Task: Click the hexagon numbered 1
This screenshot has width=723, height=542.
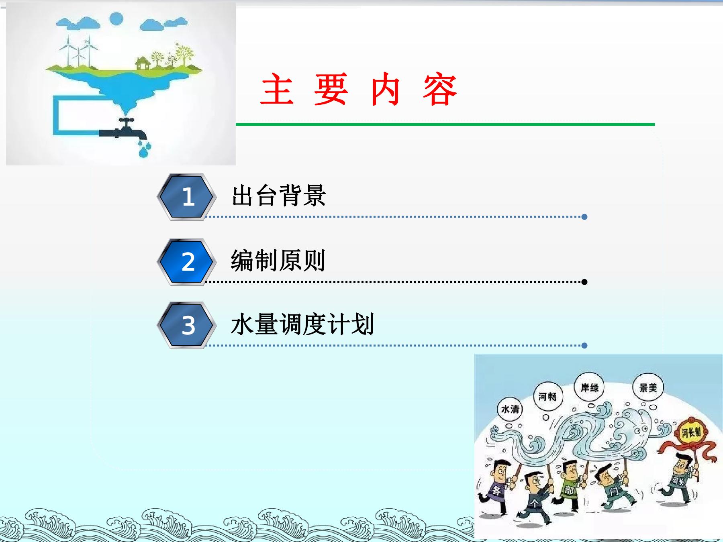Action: click(x=186, y=197)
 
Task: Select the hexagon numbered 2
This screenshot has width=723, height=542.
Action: click(x=186, y=262)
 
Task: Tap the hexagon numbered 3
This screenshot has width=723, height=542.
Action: click(x=186, y=325)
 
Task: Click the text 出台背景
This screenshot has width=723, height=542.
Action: click(x=278, y=196)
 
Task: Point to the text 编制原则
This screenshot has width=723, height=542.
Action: click(x=278, y=261)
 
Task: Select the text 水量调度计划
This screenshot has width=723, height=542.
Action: click(x=302, y=324)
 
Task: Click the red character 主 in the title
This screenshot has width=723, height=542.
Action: click(x=277, y=90)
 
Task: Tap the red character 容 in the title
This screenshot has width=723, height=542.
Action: click(x=440, y=90)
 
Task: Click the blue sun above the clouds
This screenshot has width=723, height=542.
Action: click(x=116, y=18)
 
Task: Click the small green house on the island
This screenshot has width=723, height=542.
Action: click(x=143, y=63)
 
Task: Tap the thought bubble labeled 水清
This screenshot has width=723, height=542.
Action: click(x=510, y=409)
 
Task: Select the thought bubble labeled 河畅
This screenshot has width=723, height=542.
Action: click(x=548, y=397)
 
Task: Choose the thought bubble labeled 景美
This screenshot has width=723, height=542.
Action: click(x=648, y=387)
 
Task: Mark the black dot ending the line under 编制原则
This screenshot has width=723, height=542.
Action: click(x=584, y=282)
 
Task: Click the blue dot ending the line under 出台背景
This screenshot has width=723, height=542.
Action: click(x=584, y=217)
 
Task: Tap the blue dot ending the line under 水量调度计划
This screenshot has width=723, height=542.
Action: click(x=584, y=345)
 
